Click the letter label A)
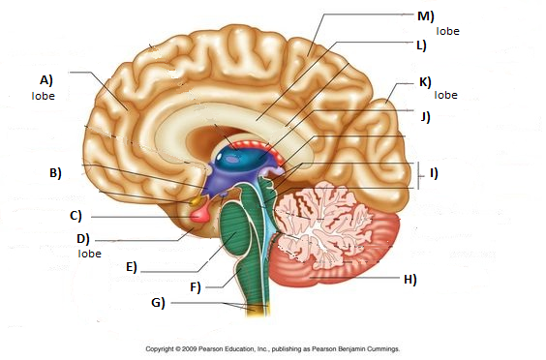[x=45, y=80]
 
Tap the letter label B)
[x=55, y=173]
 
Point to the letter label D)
[x=83, y=238]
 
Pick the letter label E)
[x=132, y=266]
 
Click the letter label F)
[x=195, y=286]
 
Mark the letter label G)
[x=157, y=303]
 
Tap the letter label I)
[x=434, y=173]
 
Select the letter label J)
[x=424, y=117]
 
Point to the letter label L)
[x=421, y=45]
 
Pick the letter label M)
[x=424, y=16]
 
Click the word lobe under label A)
[x=42, y=96]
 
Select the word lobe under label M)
[x=447, y=31]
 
